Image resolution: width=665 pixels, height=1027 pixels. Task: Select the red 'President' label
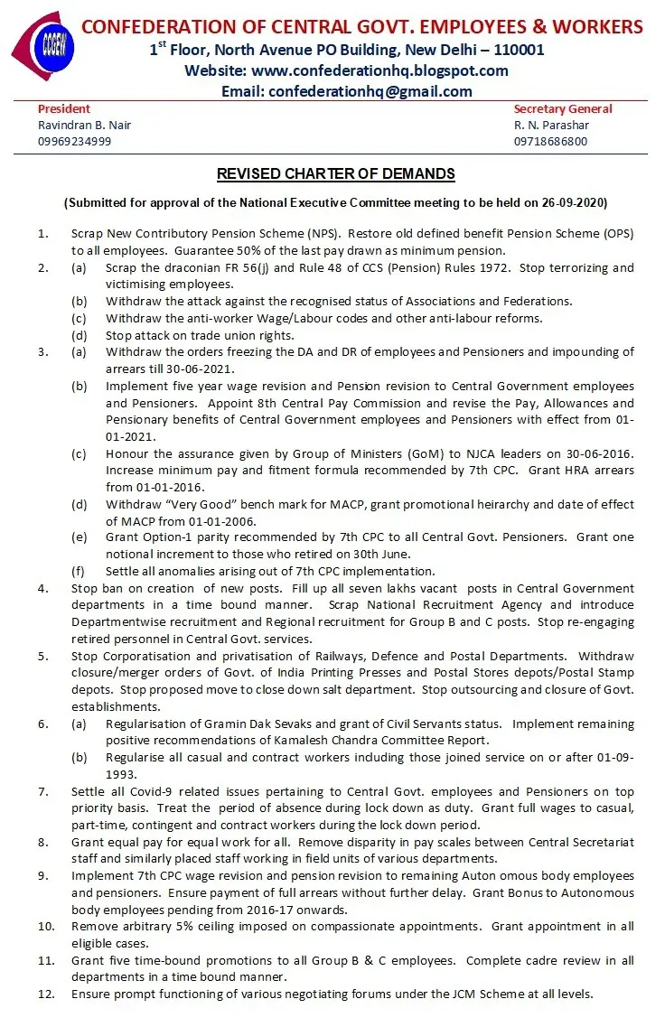(64, 109)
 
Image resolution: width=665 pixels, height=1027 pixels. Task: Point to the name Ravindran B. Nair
(78, 125)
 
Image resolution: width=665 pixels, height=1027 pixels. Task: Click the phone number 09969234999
(74, 141)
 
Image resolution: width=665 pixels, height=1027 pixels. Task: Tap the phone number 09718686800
(550, 141)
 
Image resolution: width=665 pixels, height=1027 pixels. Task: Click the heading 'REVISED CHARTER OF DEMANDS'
(335, 173)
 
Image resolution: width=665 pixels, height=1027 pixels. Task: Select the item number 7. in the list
(42, 791)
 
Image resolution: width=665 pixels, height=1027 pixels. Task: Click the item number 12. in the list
(45, 994)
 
